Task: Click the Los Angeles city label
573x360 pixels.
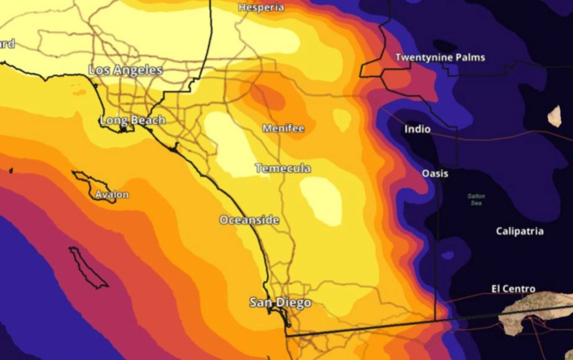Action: (x=125, y=70)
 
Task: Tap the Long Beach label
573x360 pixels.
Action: (x=132, y=120)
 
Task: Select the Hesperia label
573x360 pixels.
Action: (x=261, y=7)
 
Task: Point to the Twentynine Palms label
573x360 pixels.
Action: (x=440, y=57)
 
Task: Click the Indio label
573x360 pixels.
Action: (x=417, y=129)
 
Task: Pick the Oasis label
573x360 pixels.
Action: (x=435, y=174)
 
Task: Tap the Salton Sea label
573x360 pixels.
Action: (x=476, y=199)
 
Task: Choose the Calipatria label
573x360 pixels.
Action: (x=519, y=231)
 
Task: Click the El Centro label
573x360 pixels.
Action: (x=513, y=289)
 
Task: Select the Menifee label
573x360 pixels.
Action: (x=283, y=128)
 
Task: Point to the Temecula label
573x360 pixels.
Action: (x=283, y=168)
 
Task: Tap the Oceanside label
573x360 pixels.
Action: (x=249, y=220)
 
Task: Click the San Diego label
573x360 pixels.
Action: (x=280, y=303)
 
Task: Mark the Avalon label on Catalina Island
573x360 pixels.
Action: (x=111, y=195)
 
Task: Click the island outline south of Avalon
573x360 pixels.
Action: (x=87, y=268)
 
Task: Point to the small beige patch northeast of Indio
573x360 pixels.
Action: (x=554, y=116)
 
